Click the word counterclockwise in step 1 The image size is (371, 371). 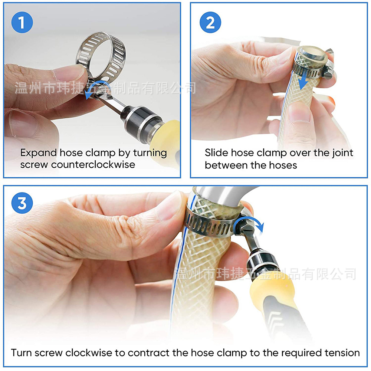[x=93, y=164]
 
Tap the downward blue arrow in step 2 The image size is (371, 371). [x=304, y=78]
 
